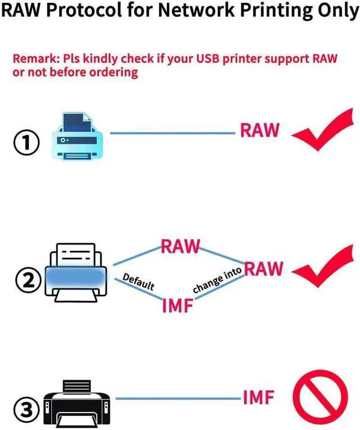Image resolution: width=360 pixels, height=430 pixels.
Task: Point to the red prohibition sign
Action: click(x=320, y=402)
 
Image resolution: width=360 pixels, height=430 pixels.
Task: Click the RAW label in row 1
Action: click(x=259, y=130)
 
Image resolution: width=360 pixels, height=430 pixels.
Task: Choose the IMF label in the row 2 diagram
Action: click(x=178, y=306)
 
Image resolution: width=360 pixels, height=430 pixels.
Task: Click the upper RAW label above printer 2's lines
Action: click(x=181, y=247)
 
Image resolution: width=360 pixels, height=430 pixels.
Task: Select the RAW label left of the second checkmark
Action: click(x=263, y=269)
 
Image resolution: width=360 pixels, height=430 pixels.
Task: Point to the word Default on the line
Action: click(x=138, y=282)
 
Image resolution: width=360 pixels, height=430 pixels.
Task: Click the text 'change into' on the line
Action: click(x=217, y=280)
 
